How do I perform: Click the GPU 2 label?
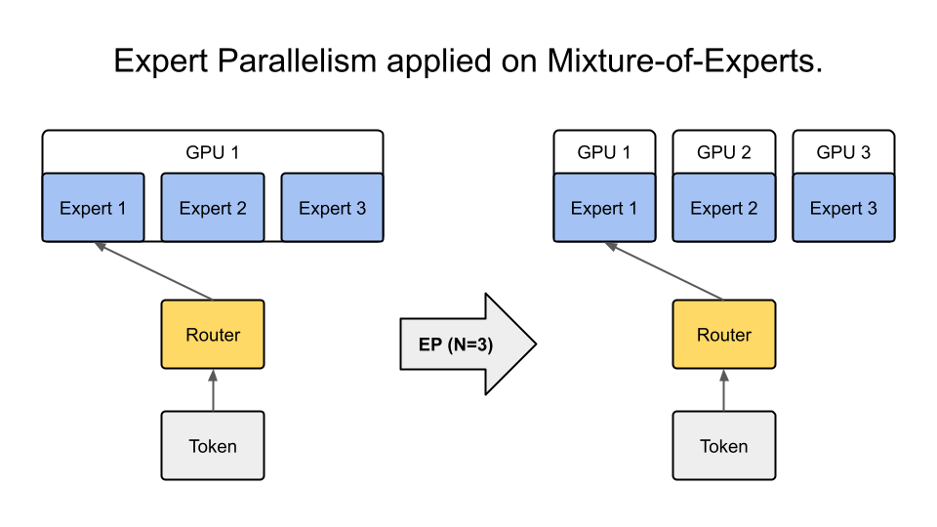click(723, 152)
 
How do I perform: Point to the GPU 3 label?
click(843, 152)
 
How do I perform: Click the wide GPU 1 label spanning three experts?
click(212, 152)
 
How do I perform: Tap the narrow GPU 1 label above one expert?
click(603, 152)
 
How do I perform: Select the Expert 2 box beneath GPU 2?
click(723, 208)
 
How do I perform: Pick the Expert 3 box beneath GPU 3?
click(843, 208)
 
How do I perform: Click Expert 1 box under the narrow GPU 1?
click(603, 208)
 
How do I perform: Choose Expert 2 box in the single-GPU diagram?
click(212, 208)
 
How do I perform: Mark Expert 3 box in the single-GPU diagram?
click(332, 208)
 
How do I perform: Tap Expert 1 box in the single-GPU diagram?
click(93, 208)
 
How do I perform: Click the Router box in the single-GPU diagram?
click(212, 335)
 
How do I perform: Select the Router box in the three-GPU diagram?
click(723, 335)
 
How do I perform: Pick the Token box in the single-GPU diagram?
click(212, 446)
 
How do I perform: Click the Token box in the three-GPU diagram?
click(723, 446)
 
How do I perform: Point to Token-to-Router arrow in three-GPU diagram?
click(723, 390)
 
